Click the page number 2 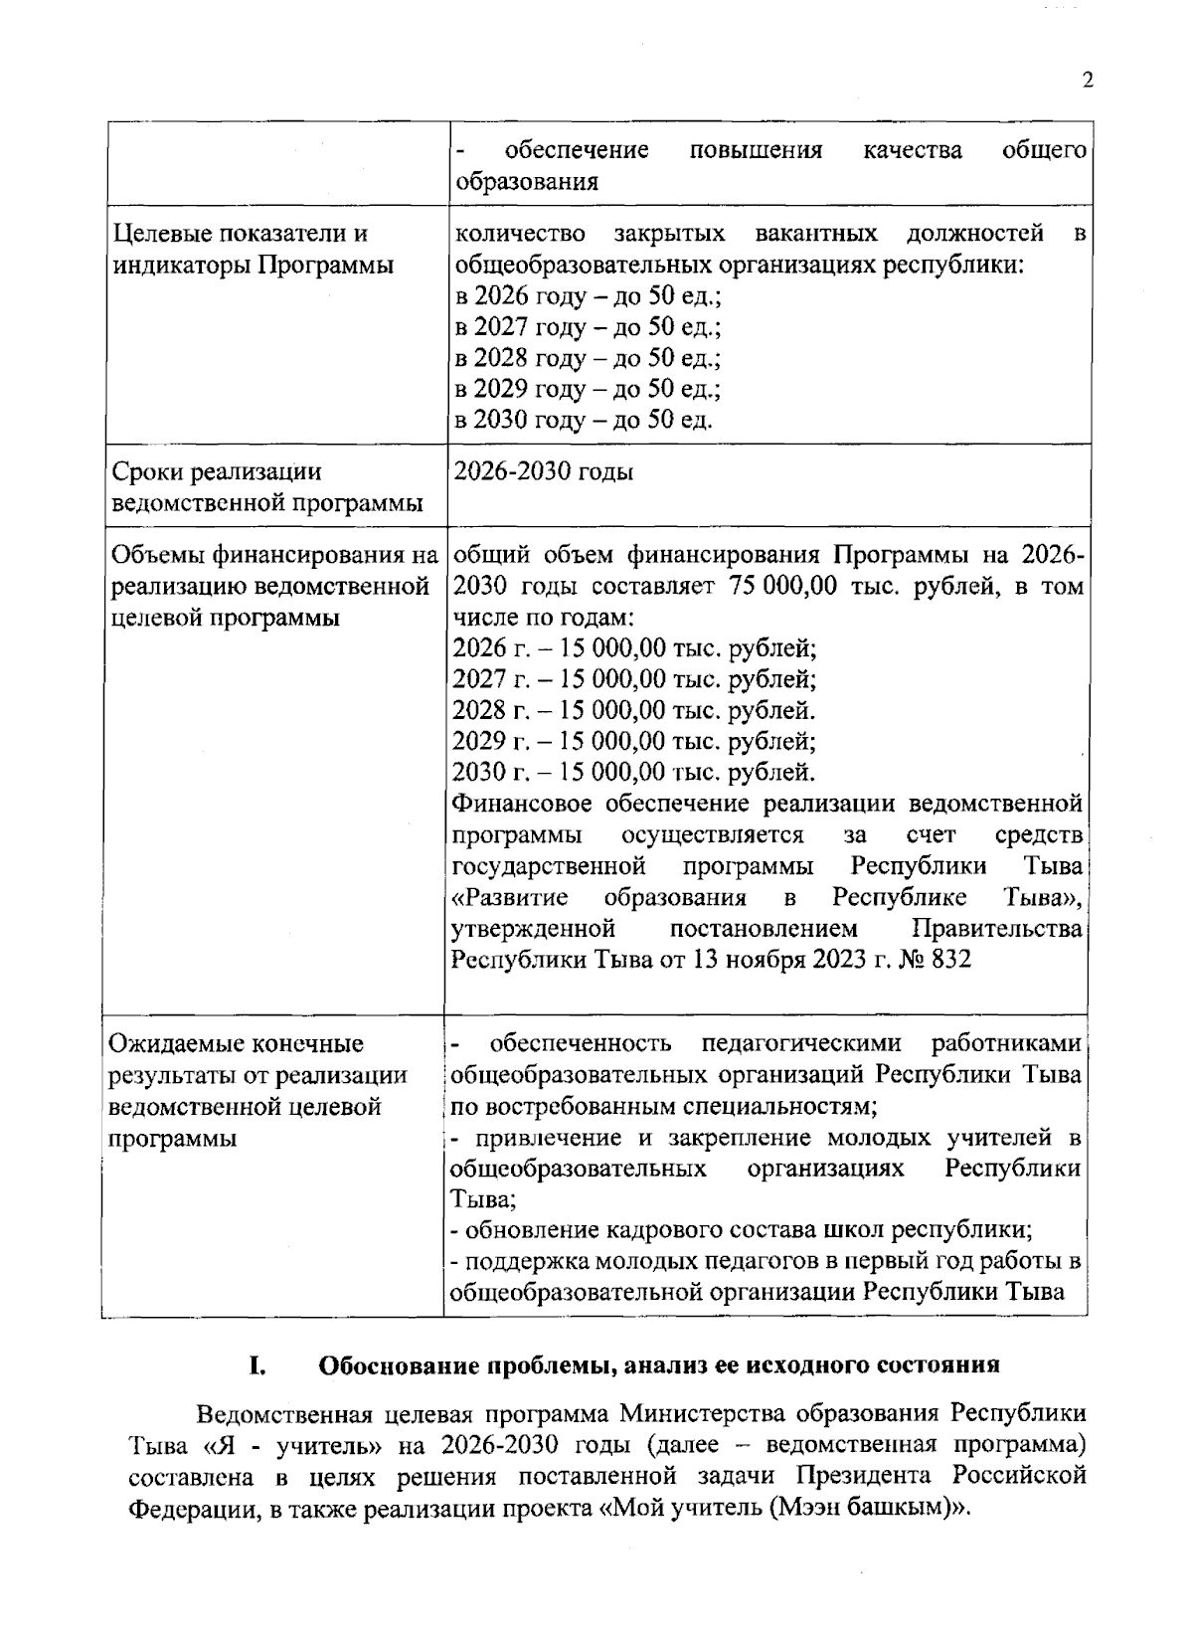pyautogui.click(x=1087, y=82)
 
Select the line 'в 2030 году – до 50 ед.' pyautogui.click(x=583, y=420)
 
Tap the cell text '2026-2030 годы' pyautogui.click(x=543, y=470)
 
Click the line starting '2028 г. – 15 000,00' pyautogui.click(x=633, y=710)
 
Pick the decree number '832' pyautogui.click(x=952, y=960)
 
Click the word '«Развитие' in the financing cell pyautogui.click(x=510, y=898)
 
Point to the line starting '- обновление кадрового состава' pyautogui.click(x=741, y=1230)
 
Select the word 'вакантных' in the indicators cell pyautogui.click(x=816, y=234)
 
